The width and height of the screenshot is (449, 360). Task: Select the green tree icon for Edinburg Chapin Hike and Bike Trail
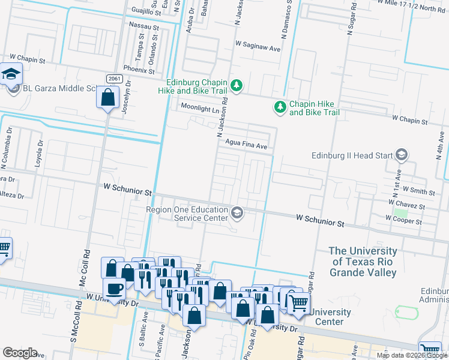coord(237,86)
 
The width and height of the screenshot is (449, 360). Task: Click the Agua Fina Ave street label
coord(246,145)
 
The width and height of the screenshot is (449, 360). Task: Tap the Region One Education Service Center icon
coord(237,212)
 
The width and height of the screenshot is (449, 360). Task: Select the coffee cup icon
coord(113,288)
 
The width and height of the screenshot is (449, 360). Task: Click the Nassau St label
coord(144,27)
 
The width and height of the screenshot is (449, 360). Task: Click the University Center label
coord(330,316)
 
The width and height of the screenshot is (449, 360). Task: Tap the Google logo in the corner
coord(20,352)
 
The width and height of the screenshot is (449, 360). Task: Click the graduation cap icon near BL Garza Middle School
coord(11,74)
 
